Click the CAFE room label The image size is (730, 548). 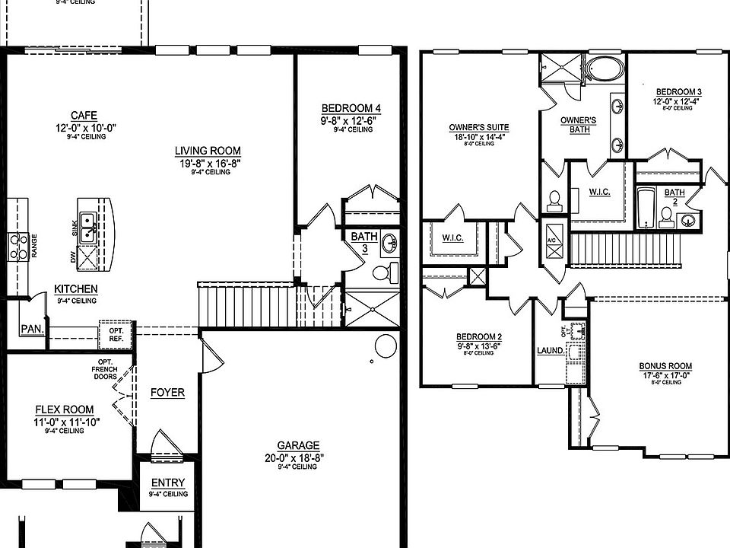[90, 115]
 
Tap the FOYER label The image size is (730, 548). [167, 393]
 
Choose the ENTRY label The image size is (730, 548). [168, 483]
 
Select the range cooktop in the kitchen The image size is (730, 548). [18, 247]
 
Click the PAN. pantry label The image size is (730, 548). [31, 329]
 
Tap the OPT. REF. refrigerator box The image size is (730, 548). [116, 333]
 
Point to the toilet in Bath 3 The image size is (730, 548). [387, 272]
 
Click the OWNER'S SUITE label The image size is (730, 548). [479, 127]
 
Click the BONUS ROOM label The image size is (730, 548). [665, 366]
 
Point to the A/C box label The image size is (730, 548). [552, 241]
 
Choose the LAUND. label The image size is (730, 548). [550, 351]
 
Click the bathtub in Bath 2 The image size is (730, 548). [646, 207]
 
